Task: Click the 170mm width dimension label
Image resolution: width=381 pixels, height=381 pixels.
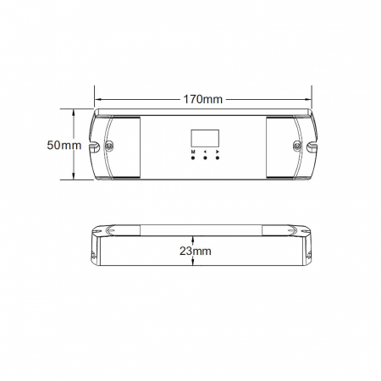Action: [203, 99]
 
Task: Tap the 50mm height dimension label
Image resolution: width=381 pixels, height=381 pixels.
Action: [64, 146]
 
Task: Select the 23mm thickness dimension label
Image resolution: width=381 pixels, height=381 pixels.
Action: [196, 251]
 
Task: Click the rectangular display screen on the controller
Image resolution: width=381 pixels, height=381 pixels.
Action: [205, 138]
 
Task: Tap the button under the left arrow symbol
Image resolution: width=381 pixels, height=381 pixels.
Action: [205, 157]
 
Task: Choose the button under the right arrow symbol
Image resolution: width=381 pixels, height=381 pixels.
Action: [218, 157]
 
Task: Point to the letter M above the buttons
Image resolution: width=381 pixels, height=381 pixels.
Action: [193, 152]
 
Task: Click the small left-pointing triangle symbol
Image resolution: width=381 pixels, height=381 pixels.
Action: [205, 152]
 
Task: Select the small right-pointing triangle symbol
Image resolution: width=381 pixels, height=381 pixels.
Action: [218, 152]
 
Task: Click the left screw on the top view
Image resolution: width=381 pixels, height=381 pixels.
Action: [108, 145]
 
